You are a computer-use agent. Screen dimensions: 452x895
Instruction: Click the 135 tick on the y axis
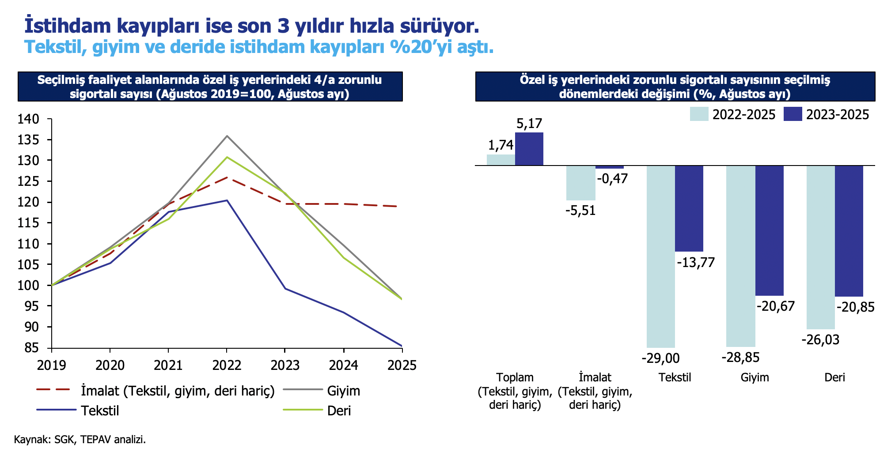tap(29, 140)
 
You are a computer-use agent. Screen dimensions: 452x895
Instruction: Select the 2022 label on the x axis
tap(227, 365)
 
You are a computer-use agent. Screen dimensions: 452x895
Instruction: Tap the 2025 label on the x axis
tap(402, 365)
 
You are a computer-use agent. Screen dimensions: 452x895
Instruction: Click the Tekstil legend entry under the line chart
tap(100, 411)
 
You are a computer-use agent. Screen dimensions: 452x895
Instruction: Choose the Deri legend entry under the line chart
tap(339, 411)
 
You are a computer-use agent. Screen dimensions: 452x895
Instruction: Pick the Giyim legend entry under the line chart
tap(343, 391)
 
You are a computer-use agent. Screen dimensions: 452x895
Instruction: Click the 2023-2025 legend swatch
tap(793, 114)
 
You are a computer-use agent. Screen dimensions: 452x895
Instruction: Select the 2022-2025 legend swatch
tap(699, 114)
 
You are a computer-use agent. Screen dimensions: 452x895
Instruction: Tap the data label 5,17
tap(529, 124)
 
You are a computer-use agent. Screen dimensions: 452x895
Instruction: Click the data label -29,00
tap(660, 358)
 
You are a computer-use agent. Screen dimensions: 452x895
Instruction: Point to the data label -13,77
tap(695, 262)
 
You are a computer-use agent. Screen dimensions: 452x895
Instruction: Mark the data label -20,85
tap(855, 307)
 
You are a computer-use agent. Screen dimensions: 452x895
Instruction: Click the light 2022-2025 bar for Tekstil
tap(660, 256)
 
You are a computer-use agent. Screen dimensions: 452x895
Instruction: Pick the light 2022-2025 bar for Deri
tap(820, 247)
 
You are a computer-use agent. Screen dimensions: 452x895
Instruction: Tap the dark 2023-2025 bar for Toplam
tap(529, 149)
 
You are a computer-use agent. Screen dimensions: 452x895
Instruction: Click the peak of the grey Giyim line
tap(227, 136)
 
